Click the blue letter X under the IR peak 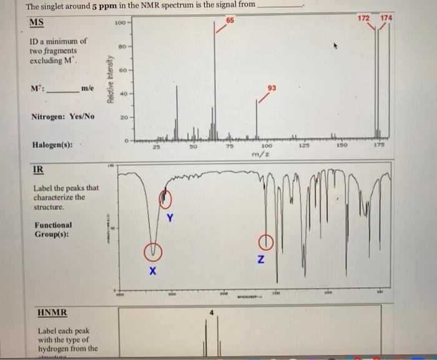point(152,273)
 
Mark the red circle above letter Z point(265,242)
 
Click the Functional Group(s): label point(54,230)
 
